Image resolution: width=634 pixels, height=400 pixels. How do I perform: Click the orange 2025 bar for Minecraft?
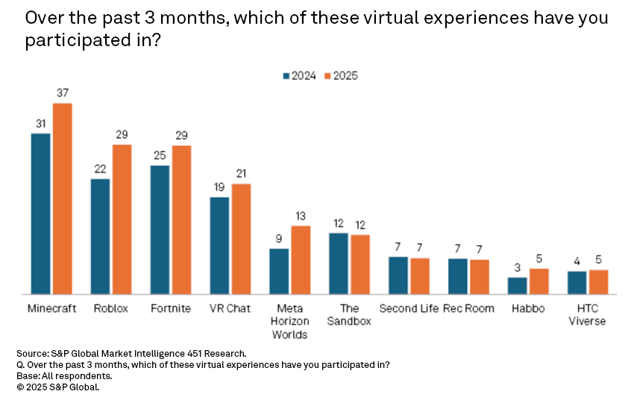(62, 198)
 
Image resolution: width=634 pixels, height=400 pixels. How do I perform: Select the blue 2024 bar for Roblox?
(100, 236)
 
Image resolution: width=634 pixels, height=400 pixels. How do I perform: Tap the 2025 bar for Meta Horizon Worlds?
(301, 259)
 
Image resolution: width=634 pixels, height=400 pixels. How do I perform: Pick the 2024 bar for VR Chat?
(219, 245)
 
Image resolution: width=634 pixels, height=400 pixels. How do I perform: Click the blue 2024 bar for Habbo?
(518, 285)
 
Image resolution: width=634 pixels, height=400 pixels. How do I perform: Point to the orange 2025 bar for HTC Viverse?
(598, 282)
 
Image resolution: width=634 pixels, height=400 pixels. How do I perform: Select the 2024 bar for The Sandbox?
(339, 263)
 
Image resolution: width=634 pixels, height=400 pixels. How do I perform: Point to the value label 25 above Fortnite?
(160, 154)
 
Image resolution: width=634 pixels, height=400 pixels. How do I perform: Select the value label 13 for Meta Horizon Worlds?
(301, 215)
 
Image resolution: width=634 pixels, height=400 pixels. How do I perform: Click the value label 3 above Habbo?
(518, 267)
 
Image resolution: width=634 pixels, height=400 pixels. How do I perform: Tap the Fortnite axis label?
(170, 308)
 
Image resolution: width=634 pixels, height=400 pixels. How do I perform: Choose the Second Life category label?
(409, 308)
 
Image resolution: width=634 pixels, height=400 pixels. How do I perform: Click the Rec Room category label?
(468, 308)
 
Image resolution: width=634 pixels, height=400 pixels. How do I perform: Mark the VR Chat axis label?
(230, 308)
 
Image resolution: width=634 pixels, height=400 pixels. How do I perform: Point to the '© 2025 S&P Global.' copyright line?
(57, 387)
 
